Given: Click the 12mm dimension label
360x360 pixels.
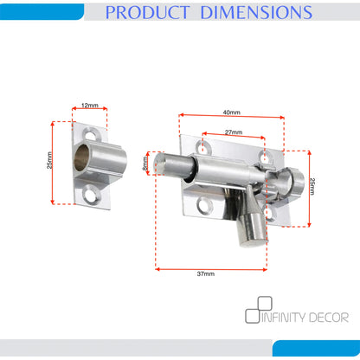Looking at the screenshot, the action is click(x=90, y=106).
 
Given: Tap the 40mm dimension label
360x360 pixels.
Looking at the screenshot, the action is click(x=231, y=112).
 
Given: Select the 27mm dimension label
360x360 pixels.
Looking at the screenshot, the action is click(x=234, y=132).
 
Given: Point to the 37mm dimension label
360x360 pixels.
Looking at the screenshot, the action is click(x=206, y=273).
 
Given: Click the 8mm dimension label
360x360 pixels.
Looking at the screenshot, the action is click(x=145, y=164).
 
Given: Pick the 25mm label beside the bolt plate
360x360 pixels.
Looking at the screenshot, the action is click(x=312, y=186).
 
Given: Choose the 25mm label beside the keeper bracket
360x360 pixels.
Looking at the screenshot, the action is click(x=49, y=160).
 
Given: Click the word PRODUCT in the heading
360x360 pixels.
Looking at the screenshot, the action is click(x=147, y=12).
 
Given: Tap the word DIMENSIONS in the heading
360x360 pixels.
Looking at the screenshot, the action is click(x=256, y=12).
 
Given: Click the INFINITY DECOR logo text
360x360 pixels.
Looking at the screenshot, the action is click(x=305, y=318).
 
